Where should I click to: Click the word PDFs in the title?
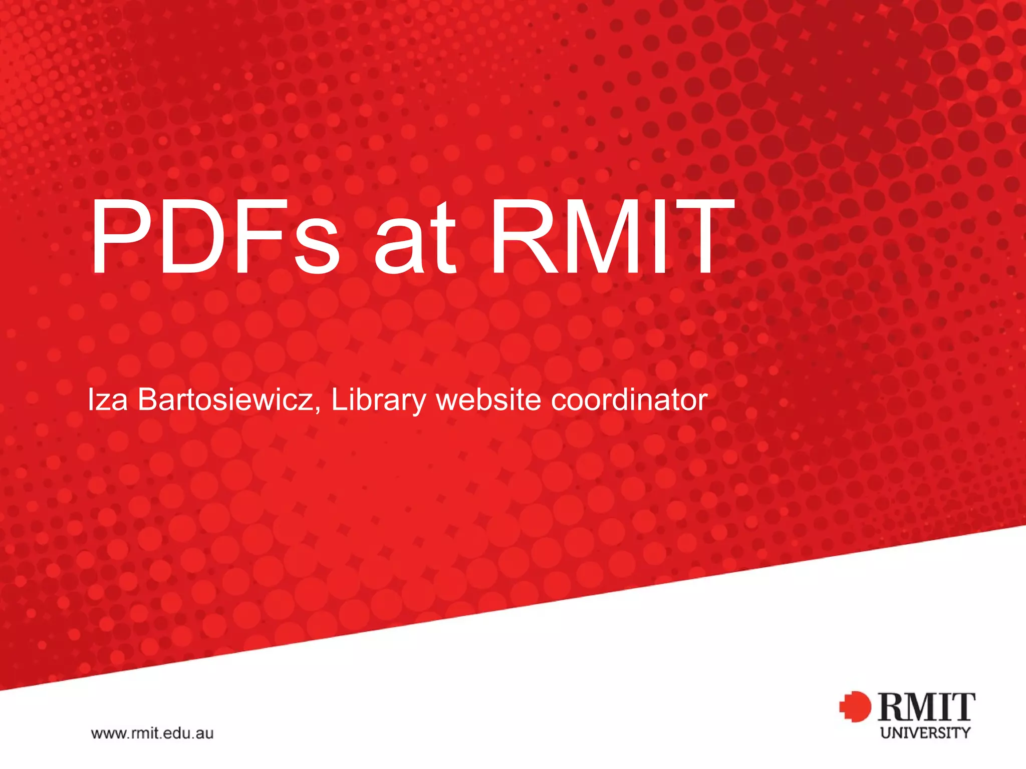tap(215, 236)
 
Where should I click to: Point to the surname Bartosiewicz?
tap(225, 400)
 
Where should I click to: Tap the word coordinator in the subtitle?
tap(629, 400)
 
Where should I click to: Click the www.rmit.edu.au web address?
tap(152, 733)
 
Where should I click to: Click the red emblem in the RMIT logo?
tap(855, 706)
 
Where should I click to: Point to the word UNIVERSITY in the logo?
tap(925, 733)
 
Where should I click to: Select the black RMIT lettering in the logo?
tap(926, 707)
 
